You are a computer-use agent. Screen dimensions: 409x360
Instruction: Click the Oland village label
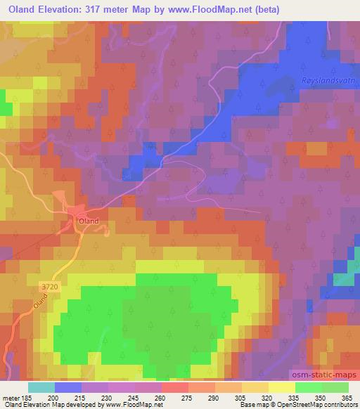coord(89,221)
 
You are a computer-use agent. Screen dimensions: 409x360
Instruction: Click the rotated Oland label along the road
coord(40,303)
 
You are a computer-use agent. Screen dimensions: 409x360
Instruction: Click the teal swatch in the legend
coord(41,387)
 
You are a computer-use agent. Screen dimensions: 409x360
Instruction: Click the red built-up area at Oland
coord(75,221)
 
